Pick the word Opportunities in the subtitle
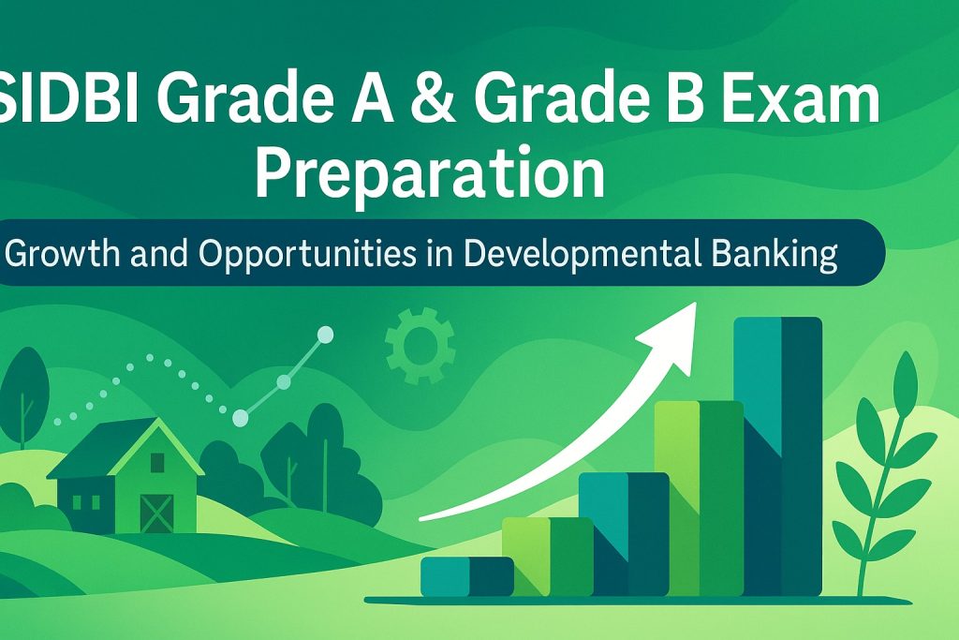[x=307, y=253]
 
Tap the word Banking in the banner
[x=775, y=253]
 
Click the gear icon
[x=420, y=346]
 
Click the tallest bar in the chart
[x=777, y=455]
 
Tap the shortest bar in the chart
[x=466, y=576]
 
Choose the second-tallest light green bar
[x=699, y=499]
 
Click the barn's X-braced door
[x=157, y=513]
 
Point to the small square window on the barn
[x=157, y=463]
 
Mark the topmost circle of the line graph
[x=325, y=335]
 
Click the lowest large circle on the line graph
[x=241, y=418]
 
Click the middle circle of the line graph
[x=284, y=382]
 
